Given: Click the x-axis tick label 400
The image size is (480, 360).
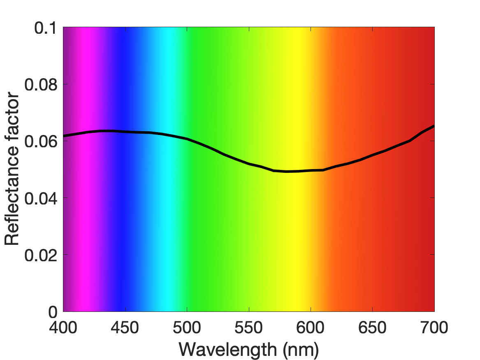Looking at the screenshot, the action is pos(63,327).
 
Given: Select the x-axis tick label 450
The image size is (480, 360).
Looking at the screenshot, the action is pos(125,327).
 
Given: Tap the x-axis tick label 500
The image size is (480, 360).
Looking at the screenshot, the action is pos(187,327).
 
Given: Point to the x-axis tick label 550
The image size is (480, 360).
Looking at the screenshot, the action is pos(248,327).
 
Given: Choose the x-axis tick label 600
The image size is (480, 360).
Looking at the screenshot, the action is pos(311,327).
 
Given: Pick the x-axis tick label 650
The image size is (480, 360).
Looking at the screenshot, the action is pos(372,327).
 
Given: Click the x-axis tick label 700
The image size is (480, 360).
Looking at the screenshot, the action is pos(434,327).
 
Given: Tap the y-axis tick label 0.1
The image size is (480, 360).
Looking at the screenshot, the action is pos(46,28).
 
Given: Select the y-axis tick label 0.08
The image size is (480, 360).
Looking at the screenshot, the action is pos(41,84).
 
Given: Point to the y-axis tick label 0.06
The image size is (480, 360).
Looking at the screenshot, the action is pos(41,142).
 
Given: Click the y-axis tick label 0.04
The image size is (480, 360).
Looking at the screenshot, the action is pos(41,198).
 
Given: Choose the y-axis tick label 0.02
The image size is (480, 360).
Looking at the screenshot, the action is pos(41,255).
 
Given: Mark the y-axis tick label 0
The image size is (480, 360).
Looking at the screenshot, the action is pos(53,312).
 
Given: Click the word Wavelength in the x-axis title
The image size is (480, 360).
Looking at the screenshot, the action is pos(228,349).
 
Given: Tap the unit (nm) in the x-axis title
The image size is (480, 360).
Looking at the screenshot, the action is pos(301,350).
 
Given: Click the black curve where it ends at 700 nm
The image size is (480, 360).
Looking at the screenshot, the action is pos(434,126).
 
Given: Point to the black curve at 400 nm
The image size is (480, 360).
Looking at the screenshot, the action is pos(64,136).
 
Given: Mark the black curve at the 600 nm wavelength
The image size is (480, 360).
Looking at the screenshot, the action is pos(311,170).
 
